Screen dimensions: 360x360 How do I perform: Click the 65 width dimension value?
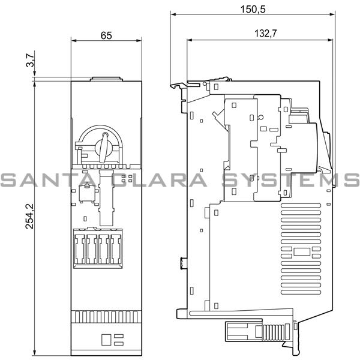point(106,35)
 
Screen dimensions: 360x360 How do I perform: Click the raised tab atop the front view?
point(106,78)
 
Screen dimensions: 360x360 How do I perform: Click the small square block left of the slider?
point(85,193)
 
